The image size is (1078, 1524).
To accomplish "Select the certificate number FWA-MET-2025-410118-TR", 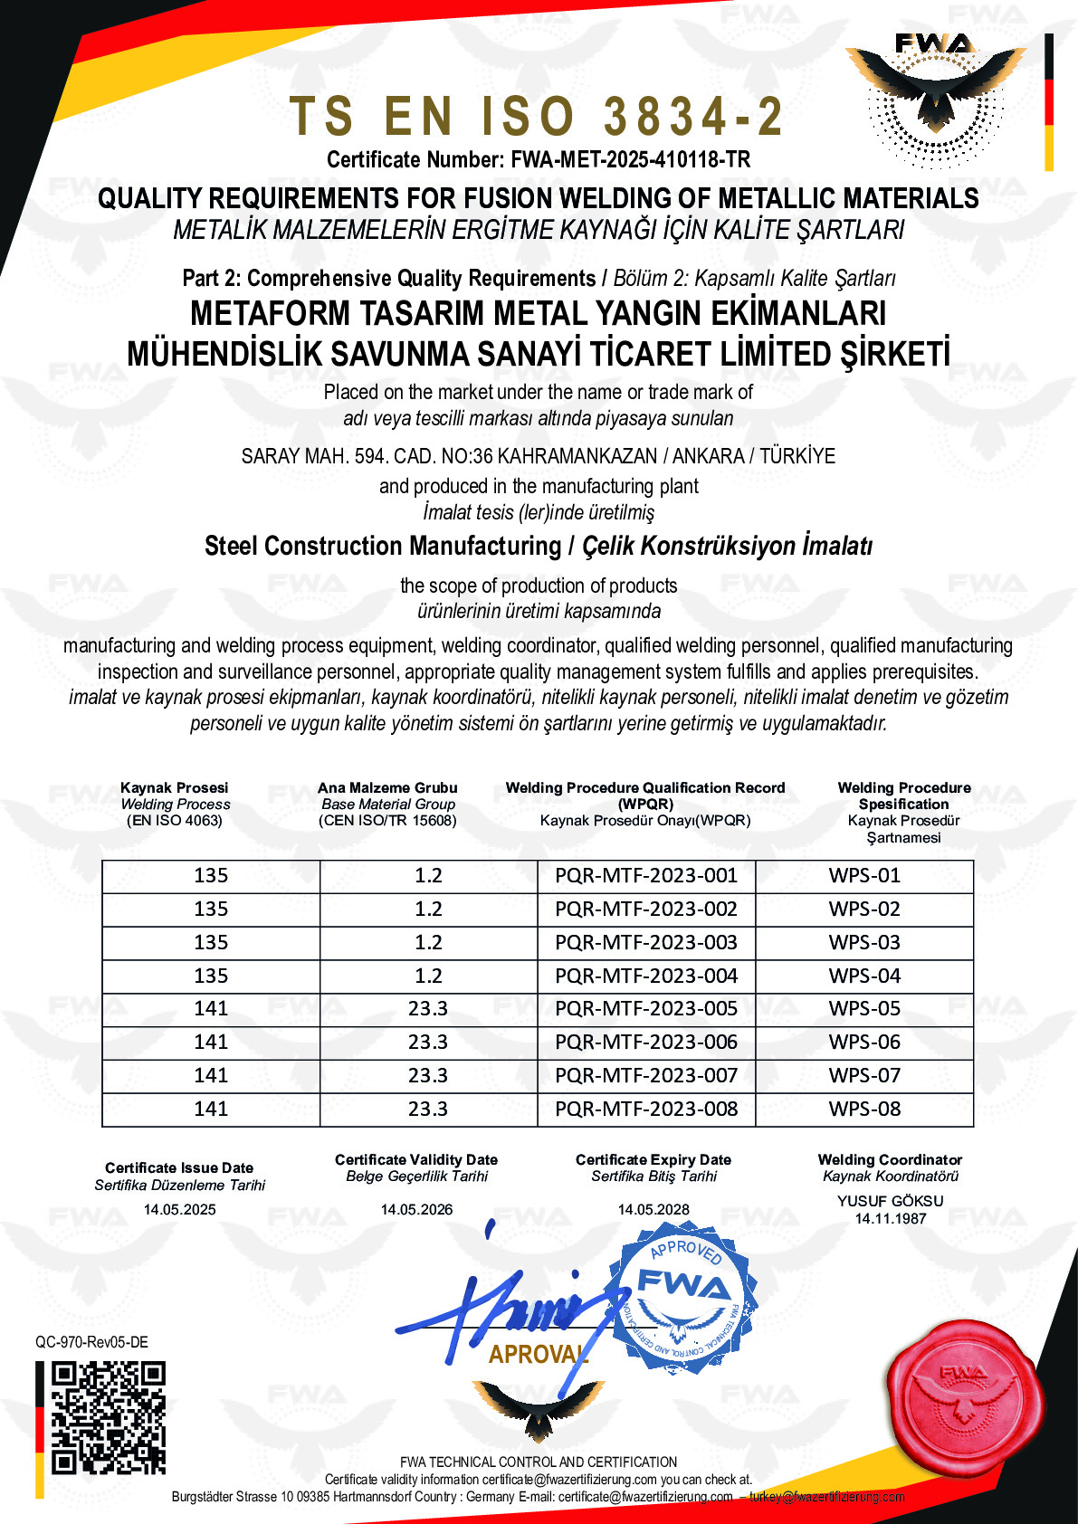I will (630, 160).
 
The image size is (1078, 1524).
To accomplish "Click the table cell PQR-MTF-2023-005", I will (646, 1009).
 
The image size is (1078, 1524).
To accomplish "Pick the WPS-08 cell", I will (864, 1110).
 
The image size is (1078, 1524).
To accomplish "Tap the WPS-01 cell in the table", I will (864, 876).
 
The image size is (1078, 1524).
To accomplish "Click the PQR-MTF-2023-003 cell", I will (646, 943).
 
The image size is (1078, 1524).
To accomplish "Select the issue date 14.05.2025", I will (179, 1210).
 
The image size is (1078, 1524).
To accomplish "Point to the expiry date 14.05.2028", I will (653, 1210).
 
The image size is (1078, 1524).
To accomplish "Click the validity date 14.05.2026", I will (416, 1210).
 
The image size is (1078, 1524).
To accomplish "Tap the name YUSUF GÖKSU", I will (890, 1201).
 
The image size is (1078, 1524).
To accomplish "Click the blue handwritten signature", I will (507, 1312).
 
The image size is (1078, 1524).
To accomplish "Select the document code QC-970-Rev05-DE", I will (91, 1342).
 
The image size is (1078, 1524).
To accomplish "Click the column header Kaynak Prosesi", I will (175, 788).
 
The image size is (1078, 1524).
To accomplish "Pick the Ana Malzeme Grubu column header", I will (387, 788).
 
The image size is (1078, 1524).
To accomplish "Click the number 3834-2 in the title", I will (692, 117).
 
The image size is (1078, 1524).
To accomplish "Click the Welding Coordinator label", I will (890, 1160).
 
